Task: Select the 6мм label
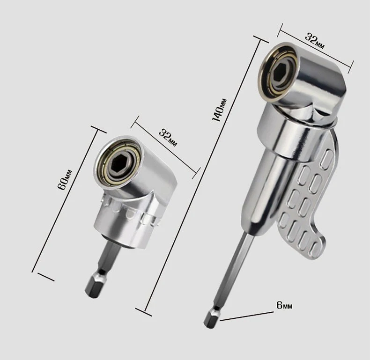pos(284,306)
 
